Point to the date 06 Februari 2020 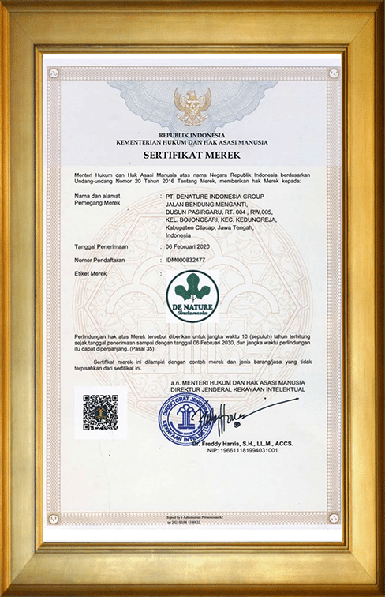click(x=192, y=246)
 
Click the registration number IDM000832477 click(x=189, y=259)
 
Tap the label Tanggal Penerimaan click(x=101, y=246)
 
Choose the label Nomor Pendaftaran click(x=101, y=259)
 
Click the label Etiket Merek click(x=92, y=272)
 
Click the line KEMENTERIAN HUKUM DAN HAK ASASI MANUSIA click(x=192, y=143)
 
